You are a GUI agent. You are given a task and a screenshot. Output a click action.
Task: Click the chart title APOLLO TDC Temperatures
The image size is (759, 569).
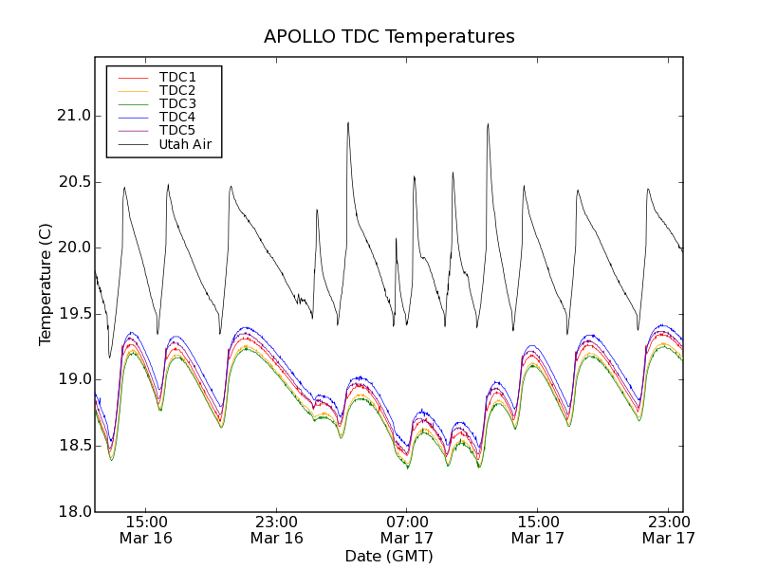pyautogui.click(x=389, y=37)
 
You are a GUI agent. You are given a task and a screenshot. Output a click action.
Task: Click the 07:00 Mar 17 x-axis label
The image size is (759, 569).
pyautogui.click(x=407, y=529)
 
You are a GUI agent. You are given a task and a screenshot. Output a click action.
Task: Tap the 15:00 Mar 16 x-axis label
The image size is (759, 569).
pyautogui.click(x=146, y=529)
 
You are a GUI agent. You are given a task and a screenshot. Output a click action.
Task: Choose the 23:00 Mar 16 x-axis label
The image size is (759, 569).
pyautogui.click(x=277, y=529)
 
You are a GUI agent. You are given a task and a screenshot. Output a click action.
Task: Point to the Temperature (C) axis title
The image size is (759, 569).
pyautogui.click(x=46, y=284)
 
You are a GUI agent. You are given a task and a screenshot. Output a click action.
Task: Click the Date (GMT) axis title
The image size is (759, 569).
pyautogui.click(x=389, y=556)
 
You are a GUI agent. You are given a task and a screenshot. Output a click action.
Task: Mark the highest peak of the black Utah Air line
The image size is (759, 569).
pyautogui.click(x=348, y=122)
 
